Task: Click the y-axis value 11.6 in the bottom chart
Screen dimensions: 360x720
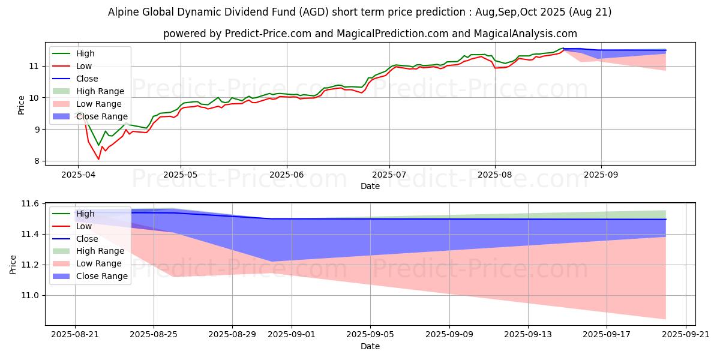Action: click(x=30, y=204)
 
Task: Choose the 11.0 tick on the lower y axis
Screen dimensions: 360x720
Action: click(x=30, y=295)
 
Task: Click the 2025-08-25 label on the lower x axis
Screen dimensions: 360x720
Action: click(x=154, y=335)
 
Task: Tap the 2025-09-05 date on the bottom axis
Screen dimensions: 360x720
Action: click(x=370, y=335)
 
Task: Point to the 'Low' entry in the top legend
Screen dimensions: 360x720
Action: click(x=85, y=66)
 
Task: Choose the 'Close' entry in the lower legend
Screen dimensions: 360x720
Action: click(x=87, y=239)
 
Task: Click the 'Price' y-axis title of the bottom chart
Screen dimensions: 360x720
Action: click(x=13, y=263)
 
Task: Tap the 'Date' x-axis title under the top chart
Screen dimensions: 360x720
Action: click(x=370, y=186)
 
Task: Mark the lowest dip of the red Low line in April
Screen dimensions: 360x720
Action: click(x=99, y=159)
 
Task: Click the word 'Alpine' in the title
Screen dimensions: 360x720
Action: click(x=124, y=12)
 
